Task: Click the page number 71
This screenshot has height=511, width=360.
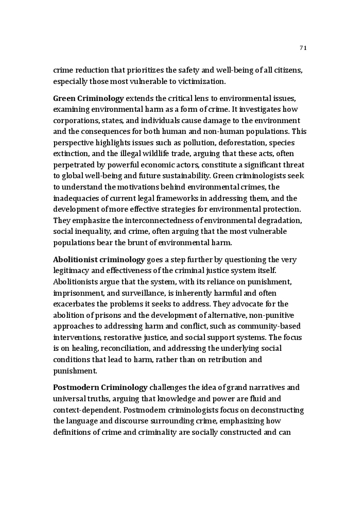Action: (303, 48)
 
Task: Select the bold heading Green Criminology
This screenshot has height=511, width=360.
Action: (88, 98)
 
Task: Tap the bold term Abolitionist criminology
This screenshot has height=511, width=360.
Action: (99, 260)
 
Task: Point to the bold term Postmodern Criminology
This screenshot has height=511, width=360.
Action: (100, 387)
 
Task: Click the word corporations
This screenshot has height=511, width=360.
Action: (75, 121)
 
